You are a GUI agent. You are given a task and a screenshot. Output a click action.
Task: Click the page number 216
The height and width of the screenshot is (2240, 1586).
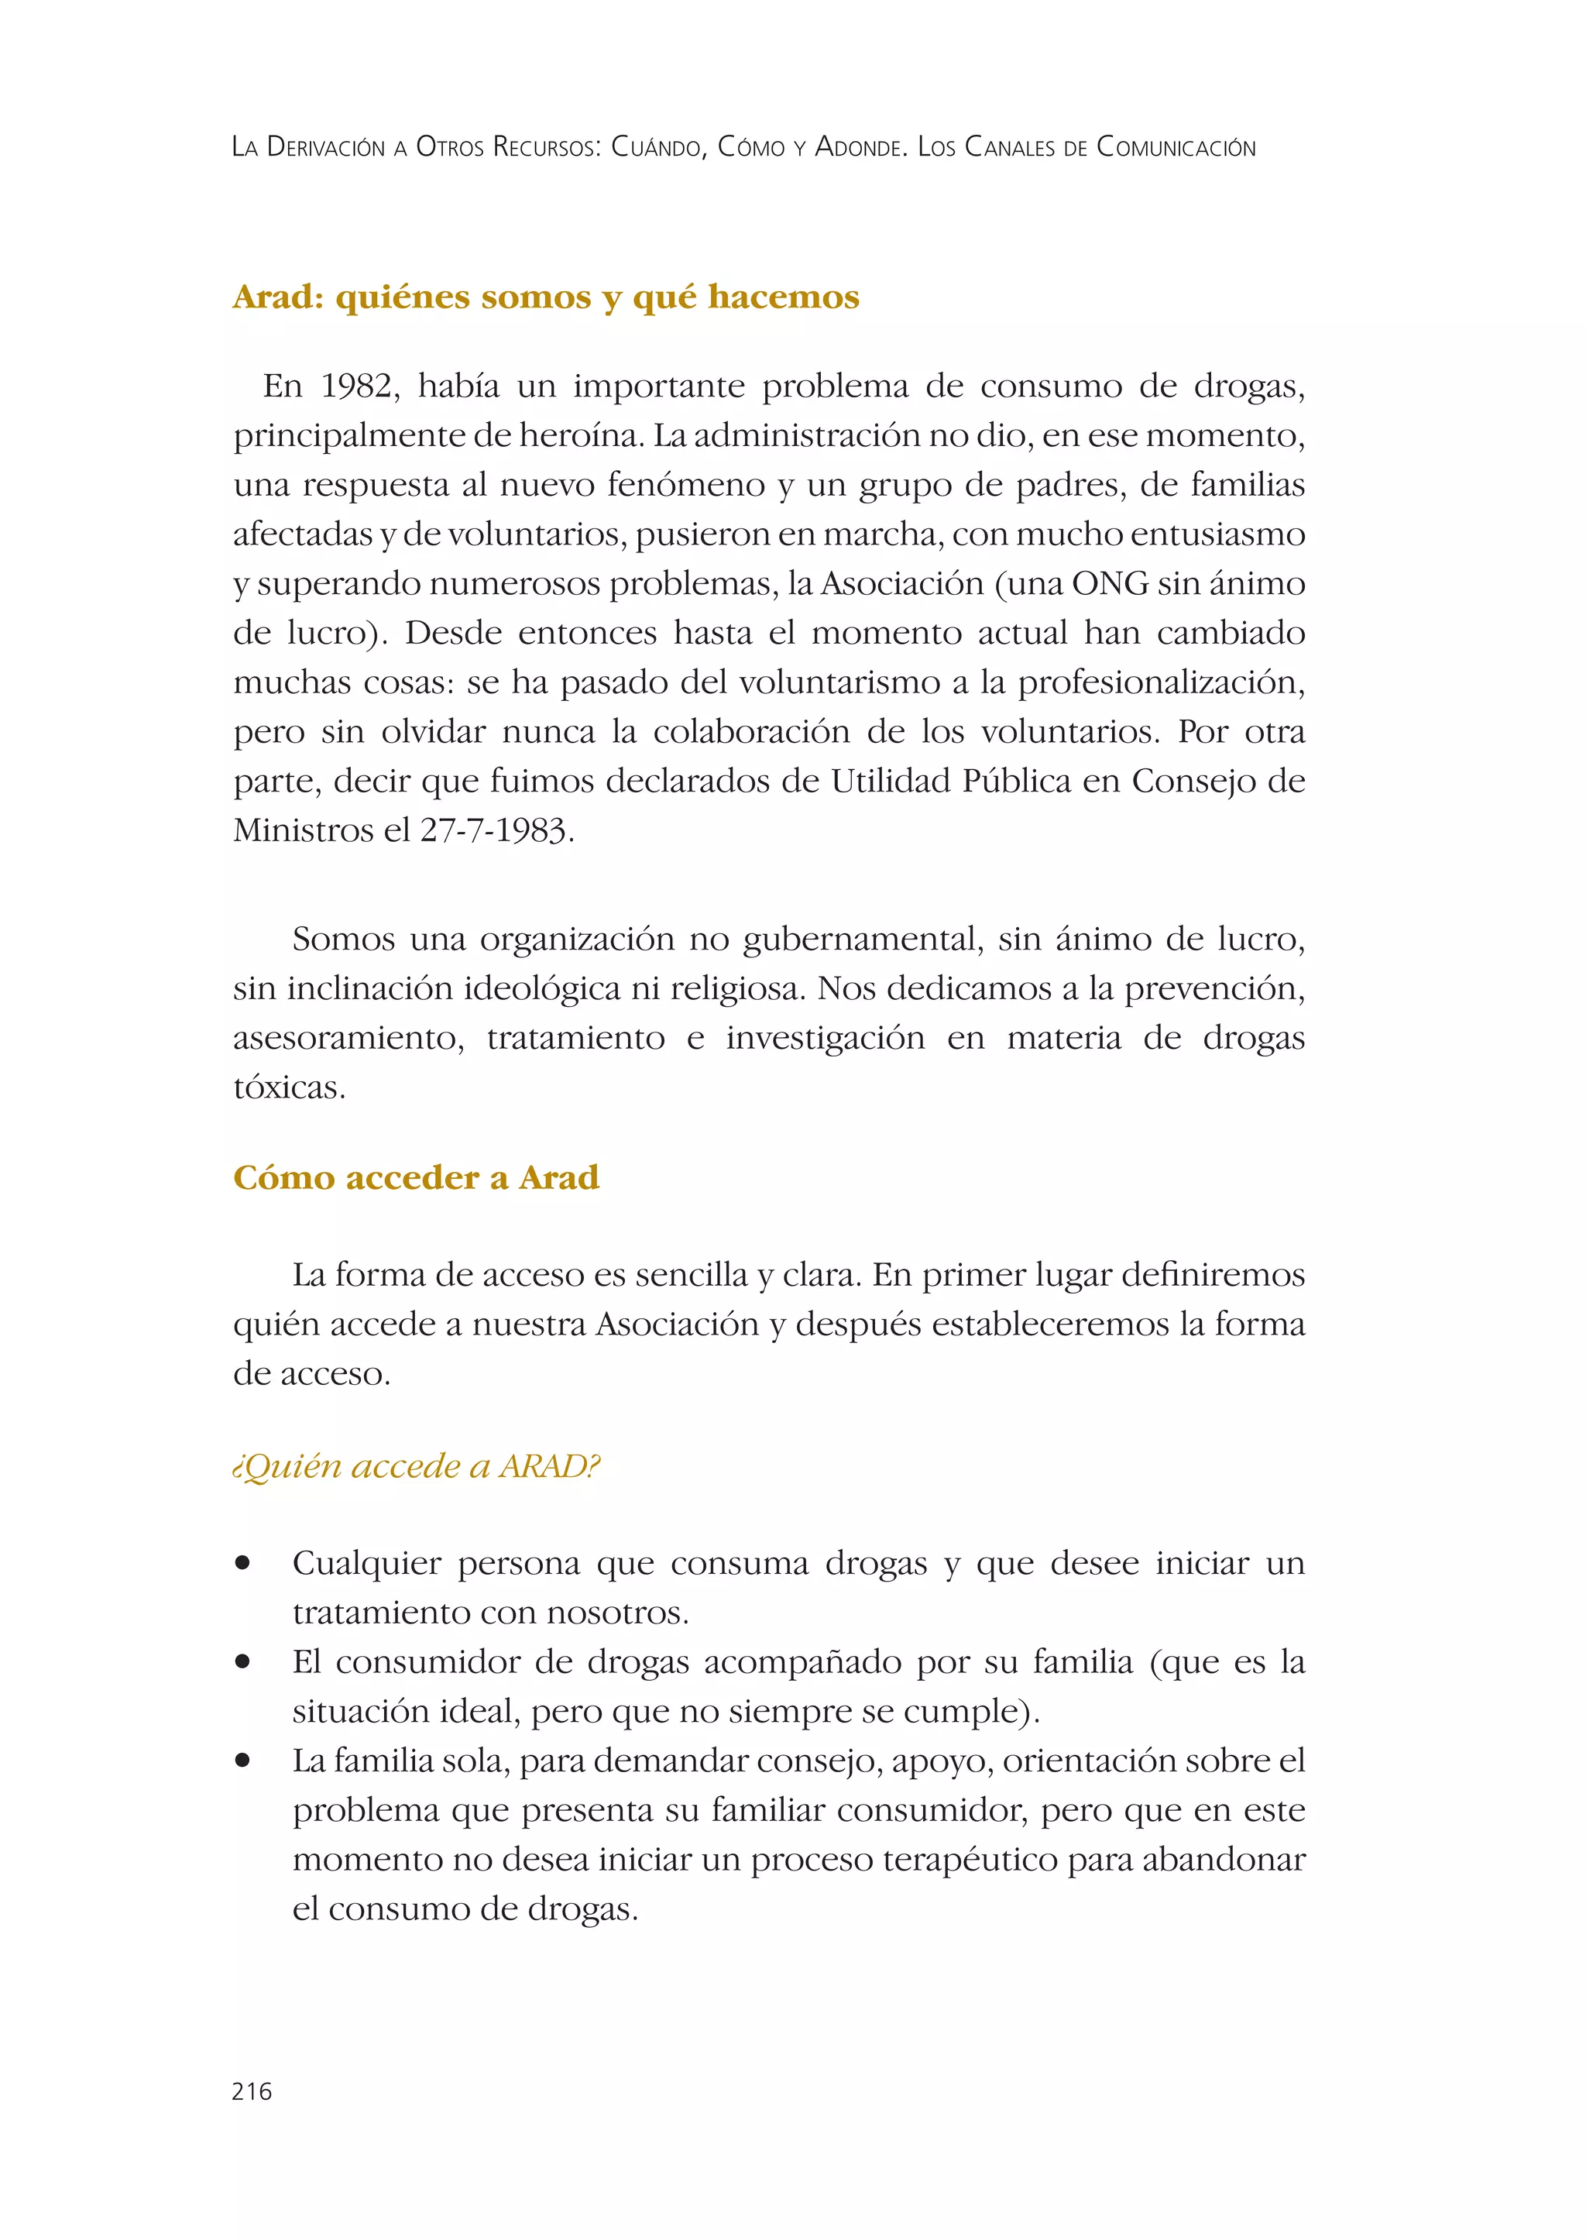252,2091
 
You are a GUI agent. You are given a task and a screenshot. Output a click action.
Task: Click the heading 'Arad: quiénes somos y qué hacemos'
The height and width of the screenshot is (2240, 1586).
546,297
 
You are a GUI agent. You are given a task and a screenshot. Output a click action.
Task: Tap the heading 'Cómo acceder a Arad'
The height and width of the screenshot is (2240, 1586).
416,1177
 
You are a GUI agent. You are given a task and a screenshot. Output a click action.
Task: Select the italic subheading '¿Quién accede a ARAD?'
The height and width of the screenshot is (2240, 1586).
417,1466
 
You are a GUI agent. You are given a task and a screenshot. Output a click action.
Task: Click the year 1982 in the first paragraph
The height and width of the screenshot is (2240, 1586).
359,387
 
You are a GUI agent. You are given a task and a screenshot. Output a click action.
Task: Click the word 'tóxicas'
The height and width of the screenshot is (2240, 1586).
288,1088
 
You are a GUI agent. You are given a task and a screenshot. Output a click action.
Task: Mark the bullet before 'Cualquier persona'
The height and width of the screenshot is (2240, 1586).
243,1563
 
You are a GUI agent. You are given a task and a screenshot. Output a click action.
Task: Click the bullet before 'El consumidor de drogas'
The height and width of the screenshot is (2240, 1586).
243,1661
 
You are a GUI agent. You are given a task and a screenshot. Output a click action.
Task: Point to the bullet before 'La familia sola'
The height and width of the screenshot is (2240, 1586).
243,1761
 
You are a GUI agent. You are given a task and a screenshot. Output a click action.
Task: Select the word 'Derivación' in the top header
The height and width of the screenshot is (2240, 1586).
326,147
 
